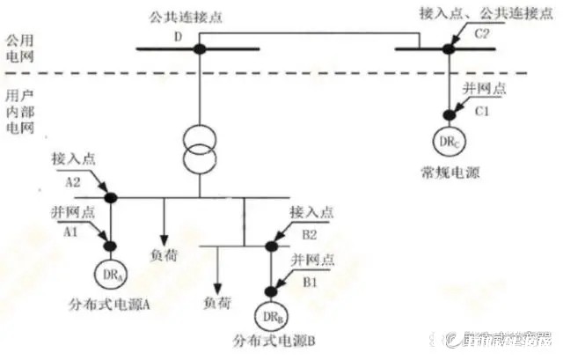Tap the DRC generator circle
point(448,140)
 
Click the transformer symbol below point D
point(200,148)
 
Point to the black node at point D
point(200,48)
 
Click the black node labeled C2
point(448,48)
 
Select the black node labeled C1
point(448,113)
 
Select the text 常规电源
point(447,173)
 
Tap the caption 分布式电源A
point(110,305)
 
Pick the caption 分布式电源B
point(269,341)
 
